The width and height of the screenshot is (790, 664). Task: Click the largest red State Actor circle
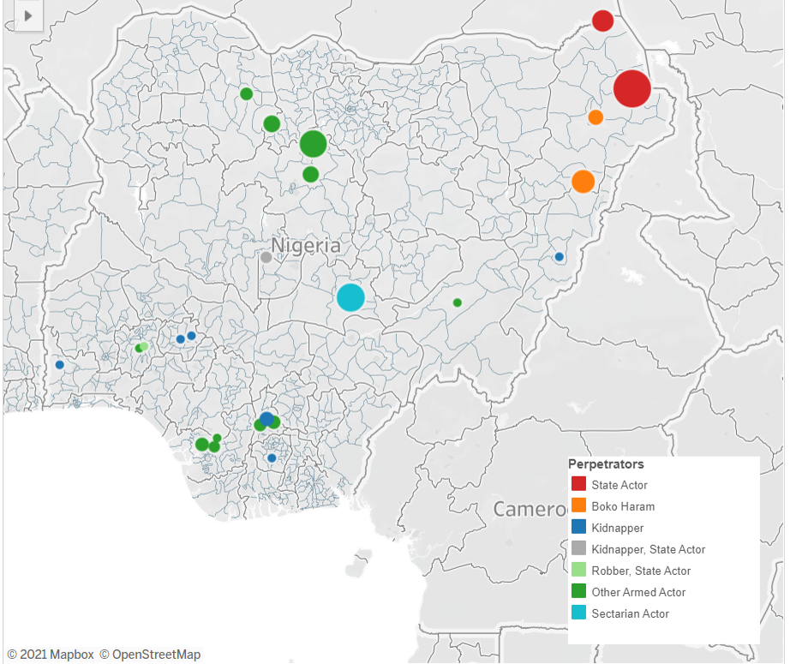632,88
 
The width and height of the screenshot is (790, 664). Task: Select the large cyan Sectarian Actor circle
350,297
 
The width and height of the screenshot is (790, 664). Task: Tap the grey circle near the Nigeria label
266,257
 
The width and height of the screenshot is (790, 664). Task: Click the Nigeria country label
306,246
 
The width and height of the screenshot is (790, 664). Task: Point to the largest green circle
314,144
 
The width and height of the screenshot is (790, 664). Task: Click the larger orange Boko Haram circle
583,182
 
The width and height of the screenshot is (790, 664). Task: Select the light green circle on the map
144,346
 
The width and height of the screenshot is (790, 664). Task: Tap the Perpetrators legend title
606,464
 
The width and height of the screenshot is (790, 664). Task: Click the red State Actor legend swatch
578,485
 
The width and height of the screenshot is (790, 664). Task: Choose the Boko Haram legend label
623,506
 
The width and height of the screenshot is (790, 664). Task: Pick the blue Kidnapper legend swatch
578,528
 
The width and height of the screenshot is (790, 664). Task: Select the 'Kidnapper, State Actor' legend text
648,549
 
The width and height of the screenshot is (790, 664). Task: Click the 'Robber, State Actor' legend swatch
578,571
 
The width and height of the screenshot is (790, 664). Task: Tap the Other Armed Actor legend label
638,592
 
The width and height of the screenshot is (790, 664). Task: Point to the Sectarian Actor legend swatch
578,613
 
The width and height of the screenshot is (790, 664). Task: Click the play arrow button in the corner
28,15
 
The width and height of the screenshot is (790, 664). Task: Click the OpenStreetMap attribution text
150,655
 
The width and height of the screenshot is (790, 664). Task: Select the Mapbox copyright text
51,655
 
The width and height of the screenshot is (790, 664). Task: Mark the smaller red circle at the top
602,21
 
